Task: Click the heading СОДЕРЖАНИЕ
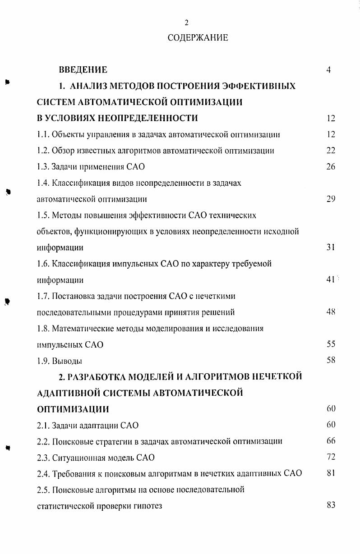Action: click(x=198, y=38)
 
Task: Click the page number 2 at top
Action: click(x=186, y=23)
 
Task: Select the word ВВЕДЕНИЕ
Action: click(x=83, y=70)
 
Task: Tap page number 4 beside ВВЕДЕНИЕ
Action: click(x=329, y=70)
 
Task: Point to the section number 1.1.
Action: click(x=43, y=134)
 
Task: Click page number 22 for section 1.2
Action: click(x=331, y=151)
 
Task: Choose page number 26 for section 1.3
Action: click(x=331, y=167)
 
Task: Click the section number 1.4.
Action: click(x=43, y=183)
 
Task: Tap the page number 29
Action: click(x=331, y=199)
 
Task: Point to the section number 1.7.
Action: click(x=43, y=296)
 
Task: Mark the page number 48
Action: click(x=331, y=312)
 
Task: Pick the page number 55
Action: click(x=331, y=344)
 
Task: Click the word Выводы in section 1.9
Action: click(x=67, y=361)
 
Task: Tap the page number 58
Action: click(x=331, y=361)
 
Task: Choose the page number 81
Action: click(x=331, y=473)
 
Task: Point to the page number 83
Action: click(x=331, y=505)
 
